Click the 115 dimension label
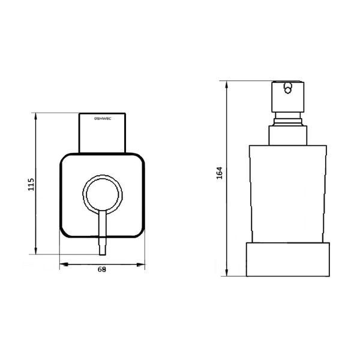31,184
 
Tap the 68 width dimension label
102,269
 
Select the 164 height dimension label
220,173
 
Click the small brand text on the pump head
103,118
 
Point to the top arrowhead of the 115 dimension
35,116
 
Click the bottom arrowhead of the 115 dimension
35,251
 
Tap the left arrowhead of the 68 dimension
64,265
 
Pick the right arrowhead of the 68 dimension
141,265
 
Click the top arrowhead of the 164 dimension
227,85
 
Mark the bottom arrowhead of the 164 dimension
227,272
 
